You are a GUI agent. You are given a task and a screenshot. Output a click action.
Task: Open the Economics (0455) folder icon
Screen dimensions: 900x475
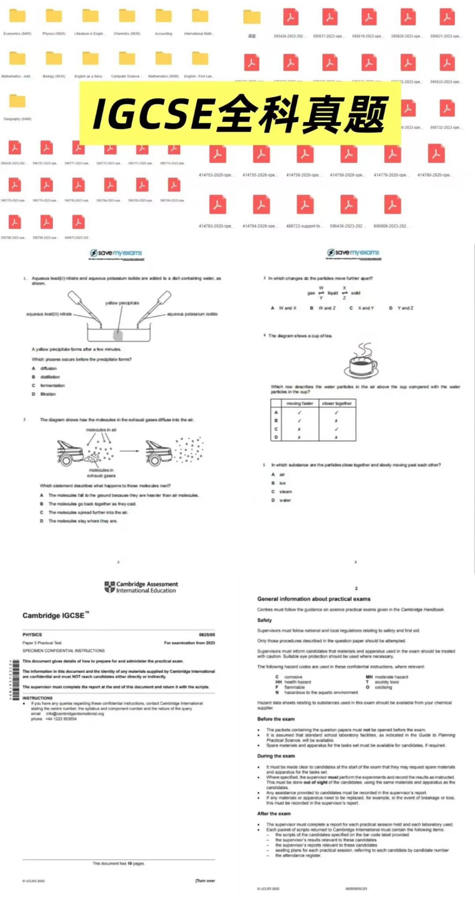pos(17,16)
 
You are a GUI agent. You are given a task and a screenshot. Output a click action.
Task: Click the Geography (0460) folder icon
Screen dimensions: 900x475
pos(17,101)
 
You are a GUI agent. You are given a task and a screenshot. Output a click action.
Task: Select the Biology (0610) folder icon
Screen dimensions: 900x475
pos(54,58)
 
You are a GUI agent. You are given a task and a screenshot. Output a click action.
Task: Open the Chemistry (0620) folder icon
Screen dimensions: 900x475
pos(127,16)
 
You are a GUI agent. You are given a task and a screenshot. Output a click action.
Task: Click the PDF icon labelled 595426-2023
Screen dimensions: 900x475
pos(291,17)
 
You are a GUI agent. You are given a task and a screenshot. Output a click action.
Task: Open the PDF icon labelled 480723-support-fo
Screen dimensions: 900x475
pos(305,204)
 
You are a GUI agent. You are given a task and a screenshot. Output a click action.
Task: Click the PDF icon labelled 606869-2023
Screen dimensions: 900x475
pos(393,204)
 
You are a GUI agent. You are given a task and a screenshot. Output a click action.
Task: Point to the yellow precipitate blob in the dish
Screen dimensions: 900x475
pos(118,335)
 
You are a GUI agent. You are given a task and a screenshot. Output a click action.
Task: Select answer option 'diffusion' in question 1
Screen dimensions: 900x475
pos(48,368)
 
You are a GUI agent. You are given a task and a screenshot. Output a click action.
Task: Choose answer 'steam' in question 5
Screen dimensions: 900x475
pos(286,492)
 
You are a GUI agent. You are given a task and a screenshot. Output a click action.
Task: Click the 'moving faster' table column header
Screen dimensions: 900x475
pos(300,403)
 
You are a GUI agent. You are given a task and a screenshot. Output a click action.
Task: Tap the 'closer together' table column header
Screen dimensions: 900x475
pos(337,403)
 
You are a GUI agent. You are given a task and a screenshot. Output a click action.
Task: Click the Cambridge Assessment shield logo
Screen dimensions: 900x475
pos(110,587)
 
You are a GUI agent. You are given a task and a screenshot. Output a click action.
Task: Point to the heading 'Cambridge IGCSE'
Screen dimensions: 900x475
pos(54,615)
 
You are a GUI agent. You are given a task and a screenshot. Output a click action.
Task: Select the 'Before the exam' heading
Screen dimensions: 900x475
pos(276,719)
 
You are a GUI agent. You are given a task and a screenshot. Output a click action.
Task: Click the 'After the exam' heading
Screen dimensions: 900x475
pos(274,813)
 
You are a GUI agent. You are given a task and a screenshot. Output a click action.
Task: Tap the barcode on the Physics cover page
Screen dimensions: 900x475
pos(16,680)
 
